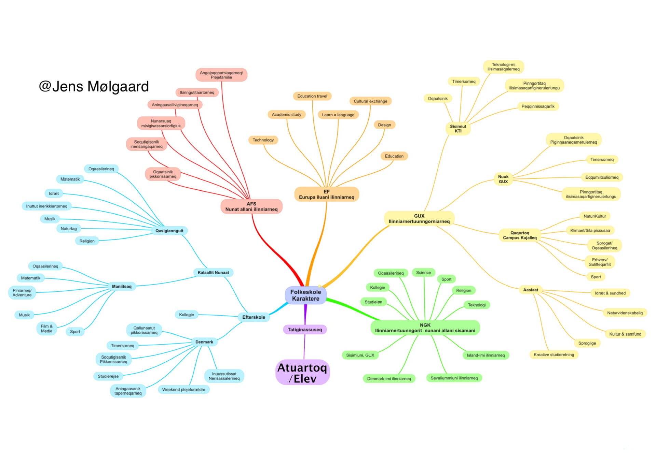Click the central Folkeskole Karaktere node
tap(305, 295)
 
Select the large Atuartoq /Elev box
tap(302, 373)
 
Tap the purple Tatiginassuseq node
tap(304, 330)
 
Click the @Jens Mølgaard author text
tap(94, 86)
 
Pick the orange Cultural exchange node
tap(370, 101)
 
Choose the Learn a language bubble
tap(338, 115)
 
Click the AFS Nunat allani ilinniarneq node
tap(251, 206)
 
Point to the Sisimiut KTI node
tap(458, 129)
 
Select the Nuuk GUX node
tap(503, 179)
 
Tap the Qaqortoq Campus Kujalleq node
tap(520, 235)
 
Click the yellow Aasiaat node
tap(531, 290)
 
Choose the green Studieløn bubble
tap(373, 302)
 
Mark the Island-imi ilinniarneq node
tap(486, 355)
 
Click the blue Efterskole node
tap(254, 317)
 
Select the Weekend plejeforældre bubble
tap(183, 390)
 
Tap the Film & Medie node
tap(47, 329)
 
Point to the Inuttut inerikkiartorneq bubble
tap(47, 206)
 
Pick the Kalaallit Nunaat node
tap(213, 273)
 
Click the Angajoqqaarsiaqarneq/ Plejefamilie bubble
tap(221, 75)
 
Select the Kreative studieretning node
tap(553, 355)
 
